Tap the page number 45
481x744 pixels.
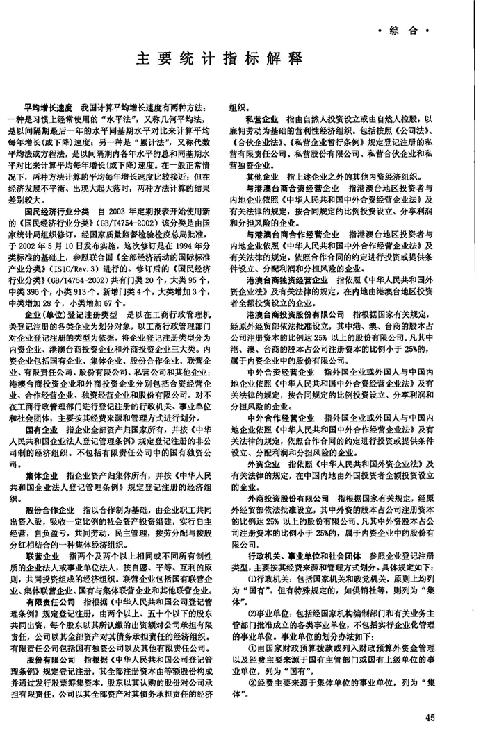(448, 718)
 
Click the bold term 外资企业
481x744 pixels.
(262, 462)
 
